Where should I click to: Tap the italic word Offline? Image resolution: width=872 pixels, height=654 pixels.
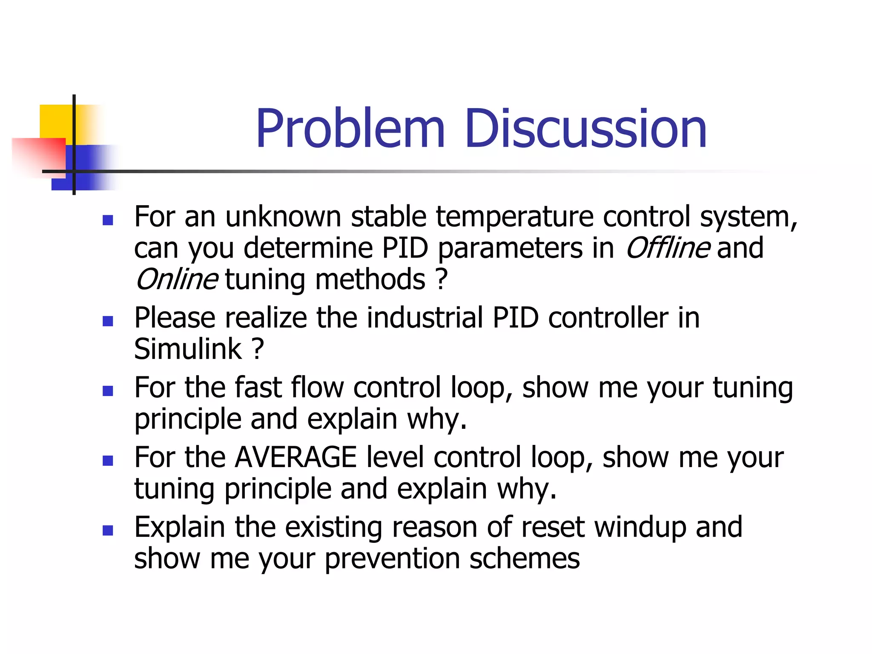pos(667,248)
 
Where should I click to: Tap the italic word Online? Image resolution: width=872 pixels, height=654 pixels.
pos(177,280)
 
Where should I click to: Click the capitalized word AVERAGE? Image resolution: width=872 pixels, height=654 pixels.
pos(295,458)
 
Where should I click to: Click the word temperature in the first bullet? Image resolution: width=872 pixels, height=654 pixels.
pos(514,217)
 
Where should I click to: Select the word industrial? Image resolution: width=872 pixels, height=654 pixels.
pos(425,318)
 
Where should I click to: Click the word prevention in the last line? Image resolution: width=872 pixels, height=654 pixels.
pos(392,559)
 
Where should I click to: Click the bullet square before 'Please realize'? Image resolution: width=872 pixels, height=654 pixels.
pos(108,321)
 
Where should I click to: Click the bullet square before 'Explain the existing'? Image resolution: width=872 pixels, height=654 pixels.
pos(108,530)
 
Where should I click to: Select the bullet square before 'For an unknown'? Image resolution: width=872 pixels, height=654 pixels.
pos(108,220)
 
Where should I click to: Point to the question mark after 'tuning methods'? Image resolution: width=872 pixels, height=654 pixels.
pos(442,280)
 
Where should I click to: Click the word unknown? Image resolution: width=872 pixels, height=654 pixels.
pos(283,217)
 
